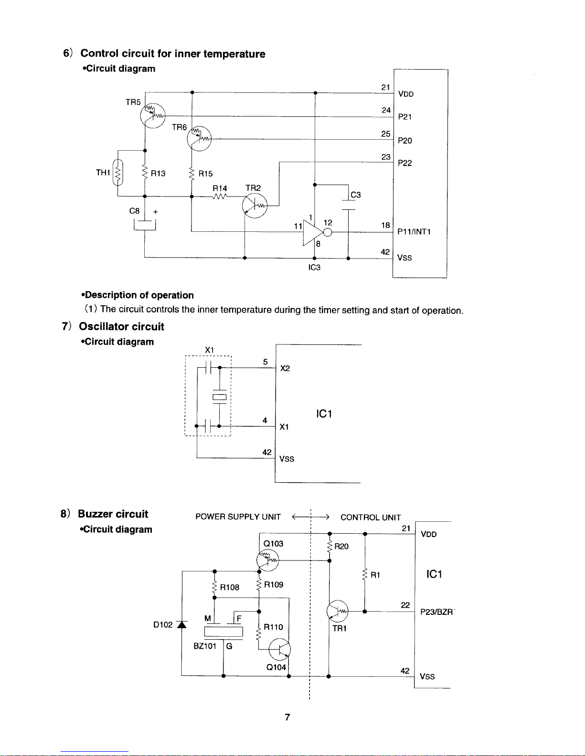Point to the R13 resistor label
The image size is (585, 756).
pyautogui.click(x=158, y=174)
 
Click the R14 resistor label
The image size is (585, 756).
pyautogui.click(x=220, y=188)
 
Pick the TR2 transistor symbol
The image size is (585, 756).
pyautogui.click(x=255, y=206)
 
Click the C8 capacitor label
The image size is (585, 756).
pyautogui.click(x=135, y=211)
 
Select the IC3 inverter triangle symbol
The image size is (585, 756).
pyautogui.click(x=312, y=232)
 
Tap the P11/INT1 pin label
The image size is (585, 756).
pyautogui.click(x=414, y=232)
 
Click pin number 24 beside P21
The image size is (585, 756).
pyautogui.click(x=386, y=110)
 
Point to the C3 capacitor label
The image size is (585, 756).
pyautogui.click(x=356, y=195)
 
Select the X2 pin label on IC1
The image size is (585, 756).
pyautogui.click(x=285, y=368)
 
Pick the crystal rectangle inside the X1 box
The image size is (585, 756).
pyautogui.click(x=220, y=397)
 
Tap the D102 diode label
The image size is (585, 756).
pyautogui.click(x=163, y=625)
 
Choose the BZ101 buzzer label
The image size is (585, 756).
pyautogui.click(x=205, y=646)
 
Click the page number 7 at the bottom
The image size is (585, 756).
pyautogui.click(x=287, y=717)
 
